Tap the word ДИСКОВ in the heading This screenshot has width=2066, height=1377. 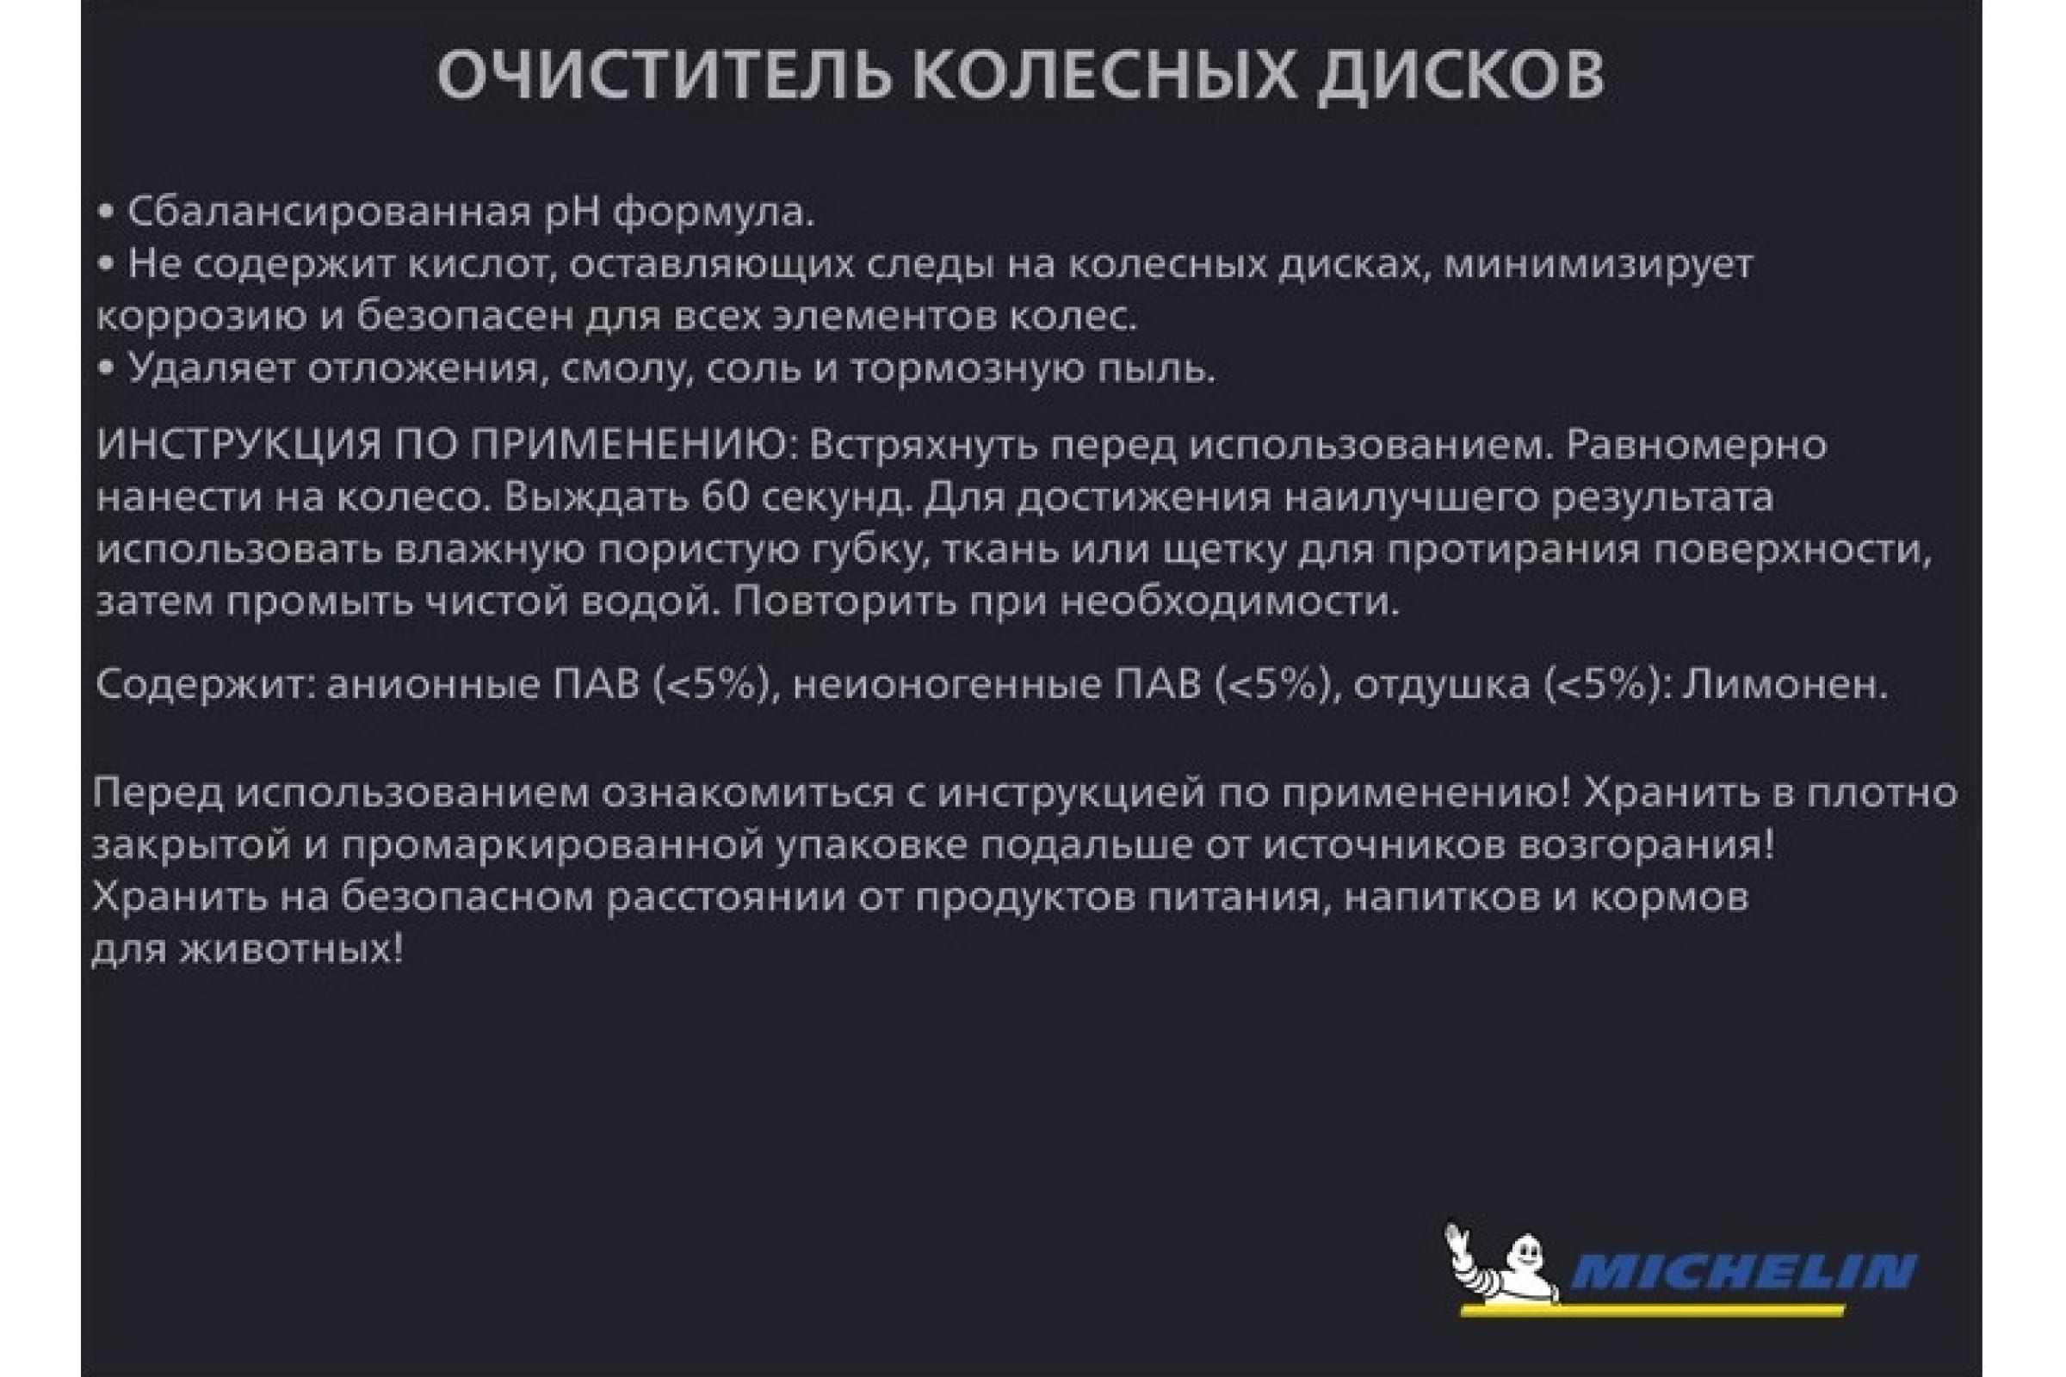click(x=1461, y=76)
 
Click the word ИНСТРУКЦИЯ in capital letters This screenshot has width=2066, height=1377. click(x=238, y=446)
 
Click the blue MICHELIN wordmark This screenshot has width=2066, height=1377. click(x=1742, y=1272)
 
